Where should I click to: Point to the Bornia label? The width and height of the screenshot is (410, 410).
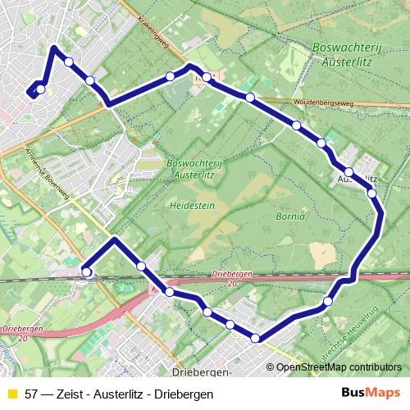292,217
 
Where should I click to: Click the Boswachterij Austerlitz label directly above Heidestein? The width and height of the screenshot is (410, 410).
194,169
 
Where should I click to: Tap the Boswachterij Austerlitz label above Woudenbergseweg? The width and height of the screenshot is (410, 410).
344,54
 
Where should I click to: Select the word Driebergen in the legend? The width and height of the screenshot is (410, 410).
186,394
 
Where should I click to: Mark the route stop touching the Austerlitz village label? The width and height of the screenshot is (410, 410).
349,172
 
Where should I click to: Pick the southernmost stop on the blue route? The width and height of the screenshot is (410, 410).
256,338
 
